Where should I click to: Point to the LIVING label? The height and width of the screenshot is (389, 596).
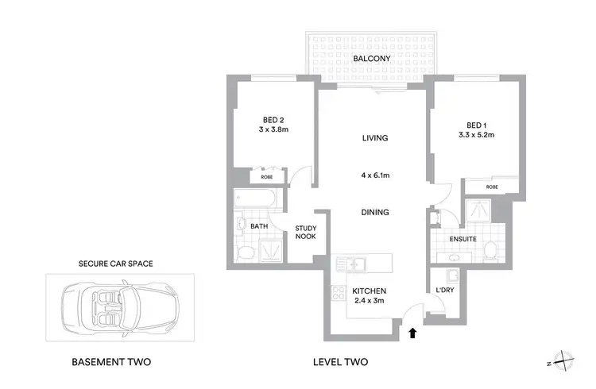point(374,138)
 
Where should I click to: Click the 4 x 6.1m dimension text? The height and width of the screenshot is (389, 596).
point(374,175)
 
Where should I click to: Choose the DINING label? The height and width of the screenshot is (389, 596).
point(374,212)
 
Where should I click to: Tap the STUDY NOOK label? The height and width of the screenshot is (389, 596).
point(306,233)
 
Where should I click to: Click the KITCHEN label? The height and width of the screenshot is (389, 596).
point(368,291)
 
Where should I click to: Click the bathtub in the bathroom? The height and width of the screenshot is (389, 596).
point(255,199)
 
